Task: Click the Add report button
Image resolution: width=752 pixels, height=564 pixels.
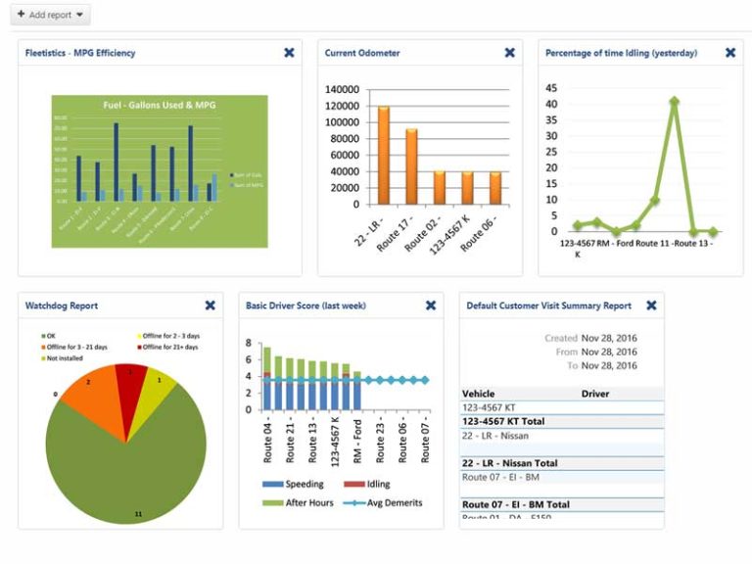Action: pyautogui.click(x=52, y=16)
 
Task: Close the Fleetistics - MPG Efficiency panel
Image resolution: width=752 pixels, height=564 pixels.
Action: pyautogui.click(x=289, y=53)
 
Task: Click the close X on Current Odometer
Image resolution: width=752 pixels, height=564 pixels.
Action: pyautogui.click(x=509, y=53)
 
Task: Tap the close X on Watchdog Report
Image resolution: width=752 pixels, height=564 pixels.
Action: pyautogui.click(x=210, y=305)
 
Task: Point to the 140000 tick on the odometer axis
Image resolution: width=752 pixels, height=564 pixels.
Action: pyautogui.click(x=344, y=89)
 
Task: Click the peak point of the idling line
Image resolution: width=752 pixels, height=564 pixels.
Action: pyautogui.click(x=674, y=101)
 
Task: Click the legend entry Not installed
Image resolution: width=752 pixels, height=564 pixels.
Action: pyautogui.click(x=69, y=358)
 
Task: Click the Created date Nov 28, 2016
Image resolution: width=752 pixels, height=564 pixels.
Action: pyautogui.click(x=608, y=338)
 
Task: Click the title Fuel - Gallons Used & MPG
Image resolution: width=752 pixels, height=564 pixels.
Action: pyautogui.click(x=159, y=105)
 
